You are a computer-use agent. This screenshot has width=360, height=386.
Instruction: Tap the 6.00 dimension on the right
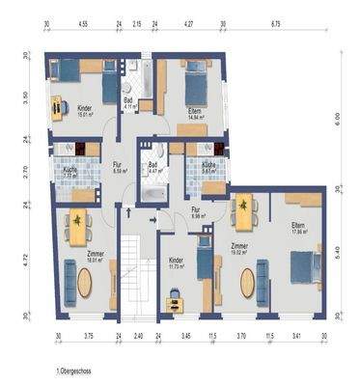click(337, 117)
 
